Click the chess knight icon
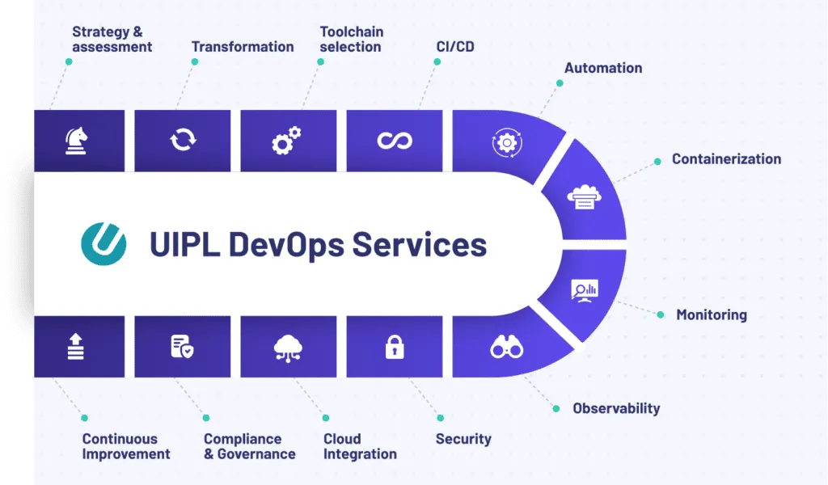coord(77,141)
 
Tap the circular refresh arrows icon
coord(183,141)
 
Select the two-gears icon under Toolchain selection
coord(287,141)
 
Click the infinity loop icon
coord(395,141)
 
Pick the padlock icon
coord(395,347)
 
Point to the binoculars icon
coord(507,347)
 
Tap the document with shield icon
coord(182,347)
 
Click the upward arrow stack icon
coord(76,347)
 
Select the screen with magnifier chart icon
coord(585,290)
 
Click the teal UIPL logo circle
coord(103,244)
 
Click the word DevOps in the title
coord(286,244)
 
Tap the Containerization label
coord(726,159)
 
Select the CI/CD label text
coord(455,46)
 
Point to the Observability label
coord(616,408)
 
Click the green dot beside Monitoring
coord(661,314)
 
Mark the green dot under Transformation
coord(195,61)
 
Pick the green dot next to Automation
coord(560,83)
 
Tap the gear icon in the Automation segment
coord(507,142)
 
